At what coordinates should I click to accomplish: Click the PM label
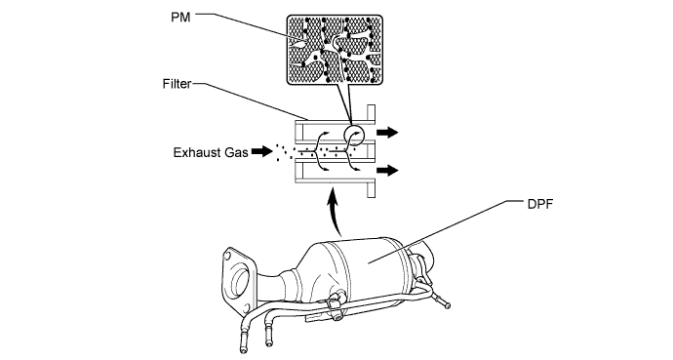[180, 18]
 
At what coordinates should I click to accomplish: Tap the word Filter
[177, 84]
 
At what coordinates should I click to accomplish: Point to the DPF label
[540, 204]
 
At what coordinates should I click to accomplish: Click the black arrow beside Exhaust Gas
[261, 151]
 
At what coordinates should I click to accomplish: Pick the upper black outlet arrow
[387, 133]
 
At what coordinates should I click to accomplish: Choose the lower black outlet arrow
[387, 171]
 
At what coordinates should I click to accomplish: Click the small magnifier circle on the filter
[355, 134]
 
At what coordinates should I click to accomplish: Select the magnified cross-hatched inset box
[335, 50]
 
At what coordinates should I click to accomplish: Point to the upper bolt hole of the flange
[227, 257]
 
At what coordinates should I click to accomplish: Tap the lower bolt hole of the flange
[247, 307]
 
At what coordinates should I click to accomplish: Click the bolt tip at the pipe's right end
[448, 305]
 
